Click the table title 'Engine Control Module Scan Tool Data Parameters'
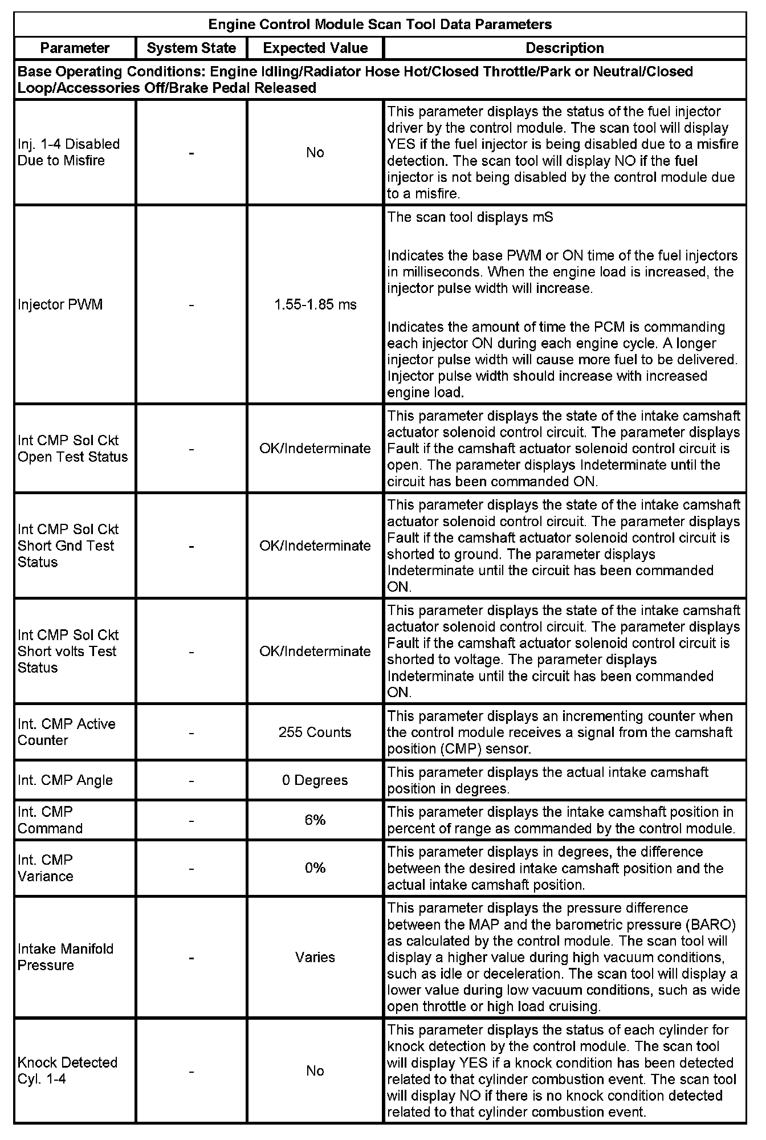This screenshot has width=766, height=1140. point(380,25)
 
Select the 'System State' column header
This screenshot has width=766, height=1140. point(191,48)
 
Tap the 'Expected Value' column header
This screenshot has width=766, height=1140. point(315,48)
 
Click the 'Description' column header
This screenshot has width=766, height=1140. point(564,48)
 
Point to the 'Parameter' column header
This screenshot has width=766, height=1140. point(75,48)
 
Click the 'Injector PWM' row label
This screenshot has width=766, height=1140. point(60,304)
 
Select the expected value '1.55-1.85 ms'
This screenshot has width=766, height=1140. point(315,304)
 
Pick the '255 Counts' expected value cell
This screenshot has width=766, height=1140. point(315,732)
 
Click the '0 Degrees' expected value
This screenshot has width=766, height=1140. point(315,780)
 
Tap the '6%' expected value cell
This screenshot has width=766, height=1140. point(315,820)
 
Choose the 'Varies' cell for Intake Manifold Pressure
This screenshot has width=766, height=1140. point(315,957)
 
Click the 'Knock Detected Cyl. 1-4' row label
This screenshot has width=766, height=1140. point(67,1070)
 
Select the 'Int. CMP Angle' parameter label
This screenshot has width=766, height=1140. point(65,780)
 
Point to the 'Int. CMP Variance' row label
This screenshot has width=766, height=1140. point(46,868)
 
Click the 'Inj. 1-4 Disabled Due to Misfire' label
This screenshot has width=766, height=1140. point(68,152)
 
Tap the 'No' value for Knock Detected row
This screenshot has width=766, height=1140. point(315,1070)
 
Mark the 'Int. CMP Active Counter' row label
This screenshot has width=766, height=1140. point(66,732)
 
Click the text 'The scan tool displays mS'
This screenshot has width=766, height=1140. point(470,217)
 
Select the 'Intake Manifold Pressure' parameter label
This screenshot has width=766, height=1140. point(65,957)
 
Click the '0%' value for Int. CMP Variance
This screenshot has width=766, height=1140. point(315,868)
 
